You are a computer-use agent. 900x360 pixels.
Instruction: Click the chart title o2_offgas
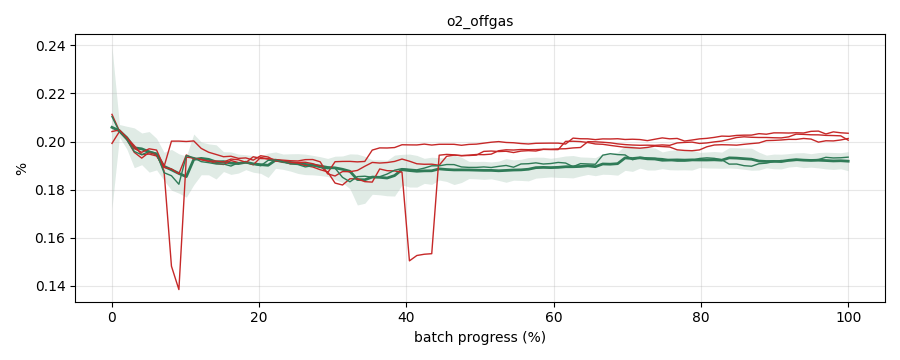pos(480,22)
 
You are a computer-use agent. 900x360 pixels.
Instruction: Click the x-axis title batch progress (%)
pos(480,337)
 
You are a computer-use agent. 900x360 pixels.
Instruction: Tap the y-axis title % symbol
pos(21,169)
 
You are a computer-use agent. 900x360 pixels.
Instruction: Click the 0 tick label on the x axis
pos(112,317)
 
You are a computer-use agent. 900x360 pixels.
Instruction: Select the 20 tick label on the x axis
pos(259,317)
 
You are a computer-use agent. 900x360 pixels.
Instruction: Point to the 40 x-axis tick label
pos(406,317)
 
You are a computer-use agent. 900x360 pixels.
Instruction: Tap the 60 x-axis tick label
pos(554,317)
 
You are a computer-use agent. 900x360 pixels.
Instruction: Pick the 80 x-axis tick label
pos(701,317)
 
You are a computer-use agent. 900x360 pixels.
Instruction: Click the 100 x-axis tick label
pos(848,317)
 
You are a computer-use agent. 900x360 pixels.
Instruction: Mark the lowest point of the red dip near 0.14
pos(179,289)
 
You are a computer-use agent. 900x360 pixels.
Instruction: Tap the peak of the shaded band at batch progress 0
pos(112,47)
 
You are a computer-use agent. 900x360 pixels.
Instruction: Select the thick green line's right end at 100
pos(848,161)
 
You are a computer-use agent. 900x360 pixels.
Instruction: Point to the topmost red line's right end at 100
pos(848,133)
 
